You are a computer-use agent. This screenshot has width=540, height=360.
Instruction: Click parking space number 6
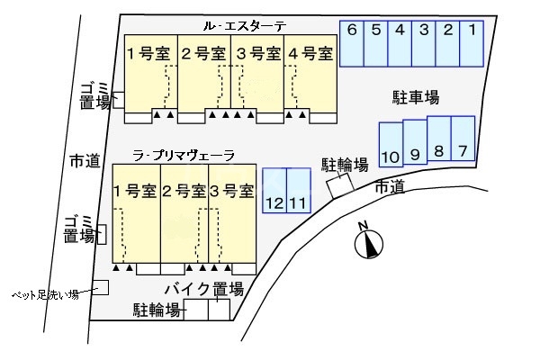coord(352,41)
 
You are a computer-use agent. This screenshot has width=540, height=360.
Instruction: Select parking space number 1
coord(472,41)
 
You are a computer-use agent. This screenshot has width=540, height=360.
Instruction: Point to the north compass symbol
coord(368,242)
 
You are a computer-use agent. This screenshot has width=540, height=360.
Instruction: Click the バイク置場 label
coord(204,289)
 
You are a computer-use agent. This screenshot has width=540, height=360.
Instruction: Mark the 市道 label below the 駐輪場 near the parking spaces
coord(389,186)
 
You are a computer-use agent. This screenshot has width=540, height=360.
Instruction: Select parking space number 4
coord(400,41)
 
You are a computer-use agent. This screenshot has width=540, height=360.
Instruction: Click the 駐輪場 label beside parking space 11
coord(346,165)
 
